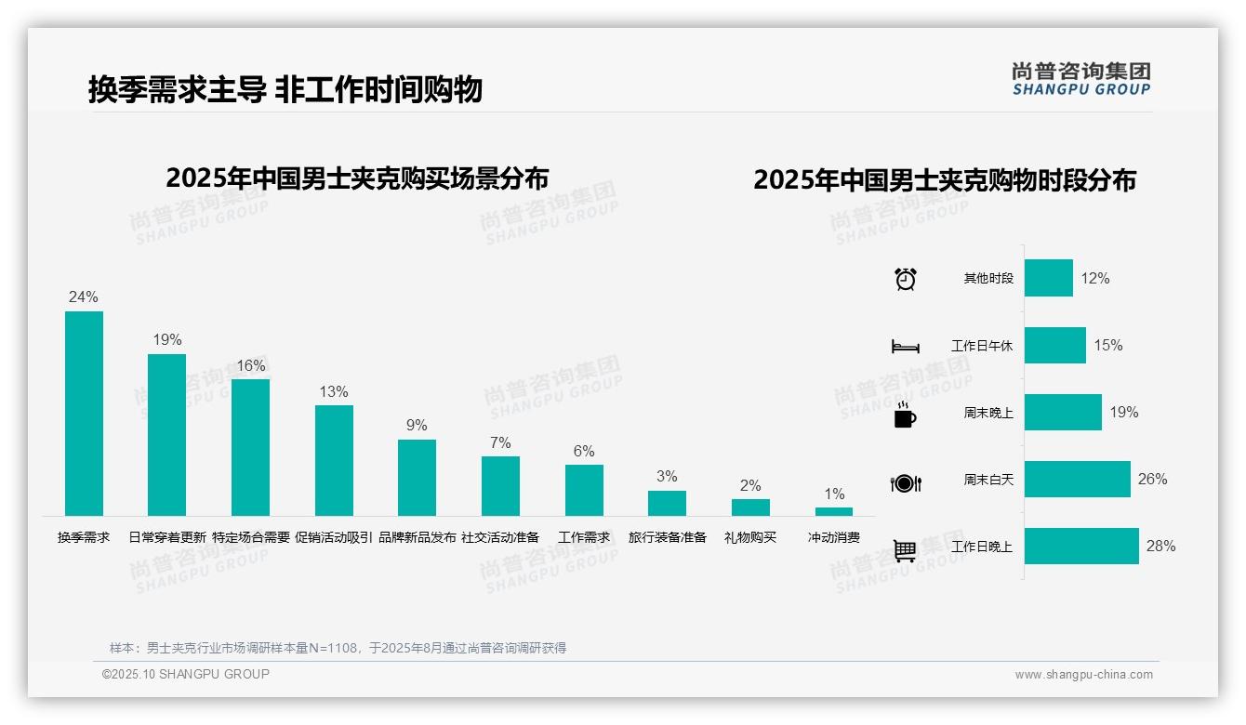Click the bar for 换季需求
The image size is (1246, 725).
coord(84,413)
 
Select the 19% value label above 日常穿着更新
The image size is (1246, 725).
coord(167,340)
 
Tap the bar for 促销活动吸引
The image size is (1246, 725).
coord(334,460)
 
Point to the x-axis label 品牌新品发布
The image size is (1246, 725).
coord(418,537)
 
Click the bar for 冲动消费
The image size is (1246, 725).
coord(834,511)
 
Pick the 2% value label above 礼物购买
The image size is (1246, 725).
coord(750,485)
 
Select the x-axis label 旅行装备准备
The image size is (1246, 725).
coord(668,537)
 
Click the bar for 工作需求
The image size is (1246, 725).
coord(584,490)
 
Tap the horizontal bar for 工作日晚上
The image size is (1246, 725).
coord(1081,547)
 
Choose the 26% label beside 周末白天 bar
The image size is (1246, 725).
coord(1152,480)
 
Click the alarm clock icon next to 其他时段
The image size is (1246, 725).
coord(906,279)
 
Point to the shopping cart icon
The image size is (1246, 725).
coord(906,550)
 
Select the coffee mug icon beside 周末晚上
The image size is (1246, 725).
coord(905,415)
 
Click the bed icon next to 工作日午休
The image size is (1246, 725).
coord(906,347)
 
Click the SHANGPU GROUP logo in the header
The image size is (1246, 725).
coord(1081,79)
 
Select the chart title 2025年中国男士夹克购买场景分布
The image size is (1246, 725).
coord(357,178)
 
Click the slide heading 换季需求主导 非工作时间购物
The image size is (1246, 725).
coord(285,90)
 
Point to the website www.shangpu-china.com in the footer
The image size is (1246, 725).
coord(1083,675)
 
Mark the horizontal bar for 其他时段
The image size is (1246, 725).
coord(1049,278)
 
